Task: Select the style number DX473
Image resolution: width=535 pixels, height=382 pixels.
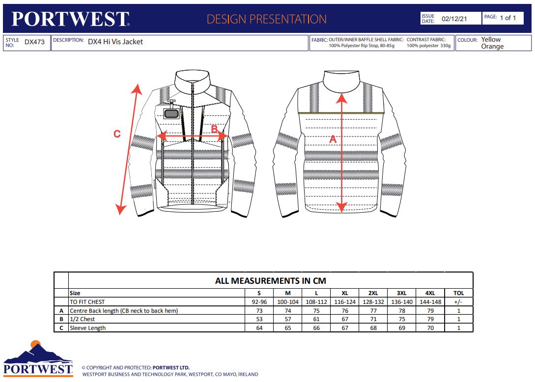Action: tap(34, 42)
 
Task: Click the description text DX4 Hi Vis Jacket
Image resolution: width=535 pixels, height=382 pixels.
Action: tap(115, 42)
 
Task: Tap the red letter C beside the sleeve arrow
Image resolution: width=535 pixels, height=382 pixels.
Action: tap(117, 134)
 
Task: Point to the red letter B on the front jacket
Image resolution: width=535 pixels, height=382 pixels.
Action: tap(214, 129)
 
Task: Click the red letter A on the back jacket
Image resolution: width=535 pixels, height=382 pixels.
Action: tap(333, 139)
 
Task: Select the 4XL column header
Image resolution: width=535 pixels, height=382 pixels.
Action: tap(430, 293)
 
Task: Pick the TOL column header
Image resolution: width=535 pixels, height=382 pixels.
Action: tap(458, 293)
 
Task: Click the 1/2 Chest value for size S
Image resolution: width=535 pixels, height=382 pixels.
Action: tap(259, 320)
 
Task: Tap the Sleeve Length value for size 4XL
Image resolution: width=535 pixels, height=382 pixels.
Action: tap(430, 328)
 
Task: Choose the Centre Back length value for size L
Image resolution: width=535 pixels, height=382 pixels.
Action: tap(316, 311)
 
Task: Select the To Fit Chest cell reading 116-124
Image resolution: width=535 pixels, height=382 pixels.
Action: tap(345, 302)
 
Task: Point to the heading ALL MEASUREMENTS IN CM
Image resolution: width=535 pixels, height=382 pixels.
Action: tap(270, 281)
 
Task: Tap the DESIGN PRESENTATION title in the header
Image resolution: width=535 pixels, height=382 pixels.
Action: tap(266, 19)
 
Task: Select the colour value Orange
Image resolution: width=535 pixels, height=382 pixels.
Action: tap(492, 47)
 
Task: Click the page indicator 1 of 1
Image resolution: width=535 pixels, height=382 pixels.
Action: tap(507, 18)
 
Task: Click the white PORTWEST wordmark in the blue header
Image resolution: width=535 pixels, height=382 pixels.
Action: tap(70, 19)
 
